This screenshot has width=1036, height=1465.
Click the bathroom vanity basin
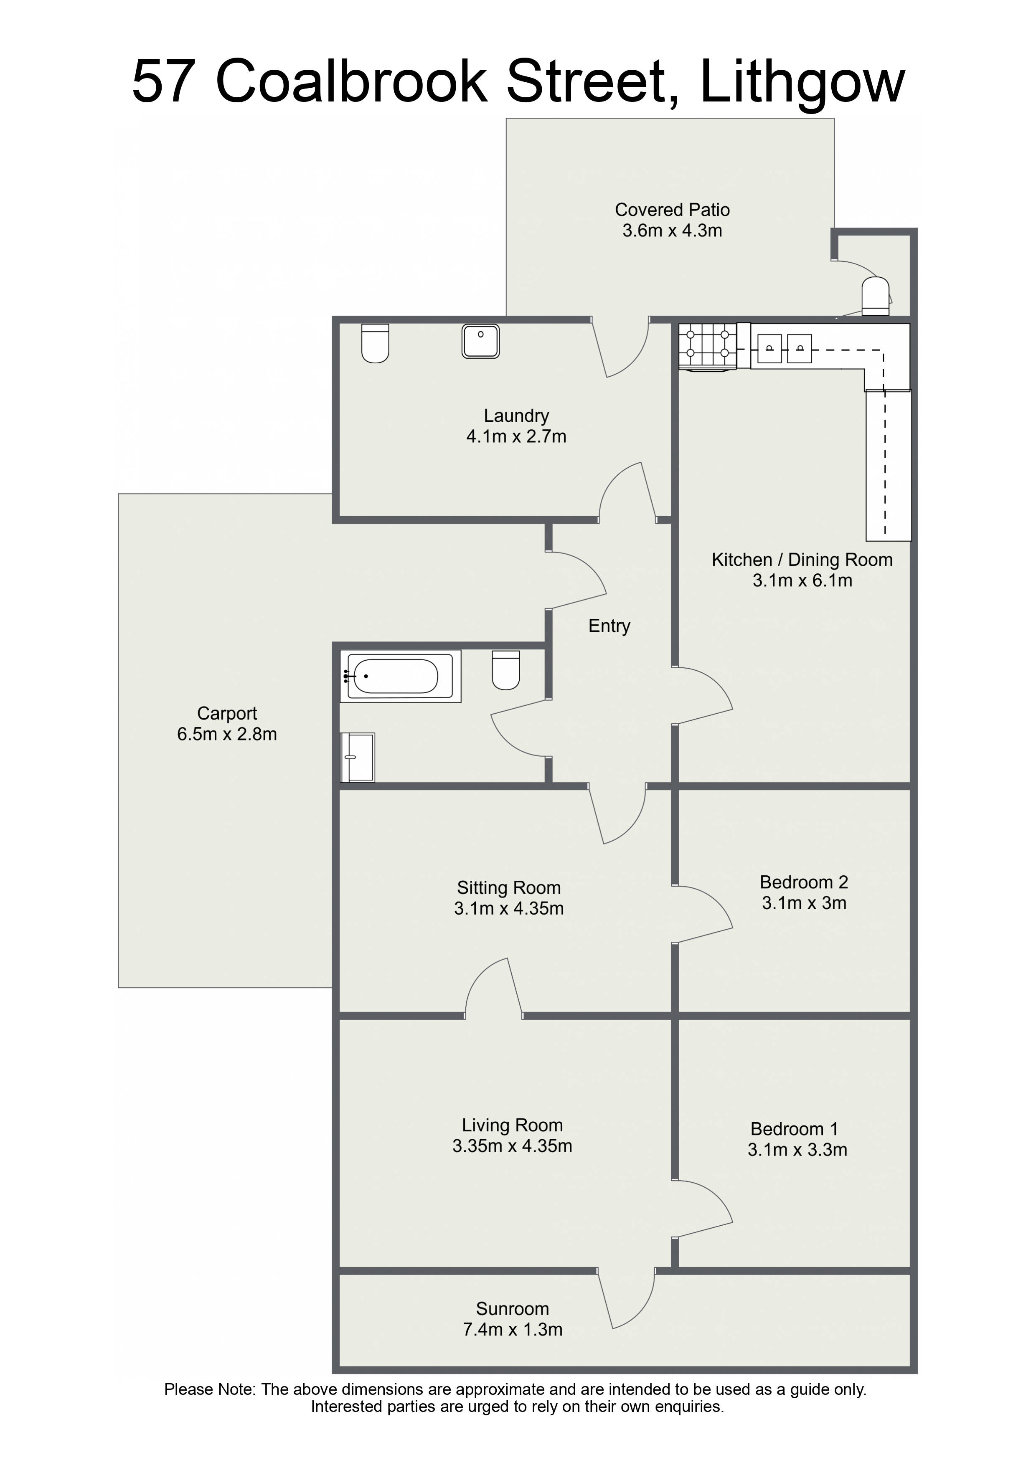tap(358, 758)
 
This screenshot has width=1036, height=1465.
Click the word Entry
tap(609, 626)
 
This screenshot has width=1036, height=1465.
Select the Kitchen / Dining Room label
tap(802, 560)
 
